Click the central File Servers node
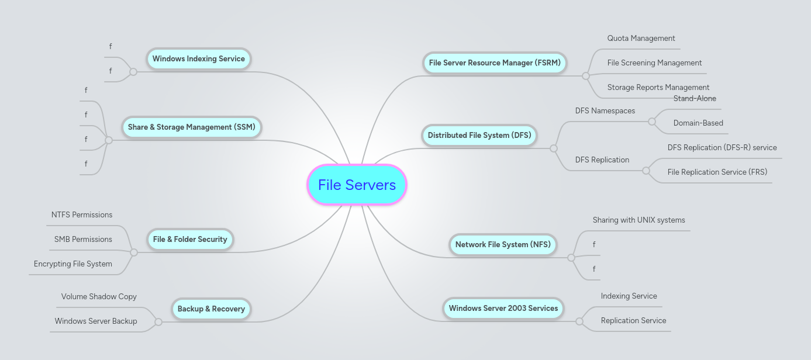(357, 185)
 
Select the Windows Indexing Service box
(198, 59)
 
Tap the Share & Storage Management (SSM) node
(192, 127)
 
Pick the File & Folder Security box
(189, 240)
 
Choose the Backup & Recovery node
(211, 309)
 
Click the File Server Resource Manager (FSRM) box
(494, 63)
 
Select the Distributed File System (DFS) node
(479, 136)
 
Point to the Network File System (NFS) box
(502, 245)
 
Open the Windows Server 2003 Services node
(503, 309)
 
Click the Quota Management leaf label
(641, 39)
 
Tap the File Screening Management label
(654, 63)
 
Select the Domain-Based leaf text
(698, 123)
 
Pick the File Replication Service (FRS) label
(717, 172)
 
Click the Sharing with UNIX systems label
(639, 220)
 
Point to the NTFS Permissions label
(82, 215)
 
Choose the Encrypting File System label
(73, 264)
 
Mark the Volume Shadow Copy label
(99, 297)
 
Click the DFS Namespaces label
(605, 111)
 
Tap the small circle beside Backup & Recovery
(158, 322)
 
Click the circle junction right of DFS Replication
(646, 171)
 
